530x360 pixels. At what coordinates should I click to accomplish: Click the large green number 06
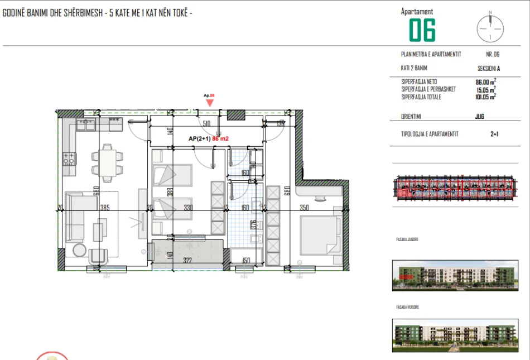(x=422, y=30)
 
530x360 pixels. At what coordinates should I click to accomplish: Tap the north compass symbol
(x=490, y=26)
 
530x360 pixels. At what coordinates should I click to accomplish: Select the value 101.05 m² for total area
(x=485, y=97)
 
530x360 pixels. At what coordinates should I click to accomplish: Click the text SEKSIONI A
(x=489, y=68)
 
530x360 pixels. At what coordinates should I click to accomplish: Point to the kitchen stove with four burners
(x=69, y=159)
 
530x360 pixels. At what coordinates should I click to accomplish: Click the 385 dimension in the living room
(x=104, y=208)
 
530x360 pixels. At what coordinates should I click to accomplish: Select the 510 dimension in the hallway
(x=206, y=124)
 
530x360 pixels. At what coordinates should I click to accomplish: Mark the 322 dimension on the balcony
(x=187, y=261)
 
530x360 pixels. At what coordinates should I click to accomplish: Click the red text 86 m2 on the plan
(x=221, y=139)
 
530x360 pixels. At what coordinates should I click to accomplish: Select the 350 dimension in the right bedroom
(x=304, y=208)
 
